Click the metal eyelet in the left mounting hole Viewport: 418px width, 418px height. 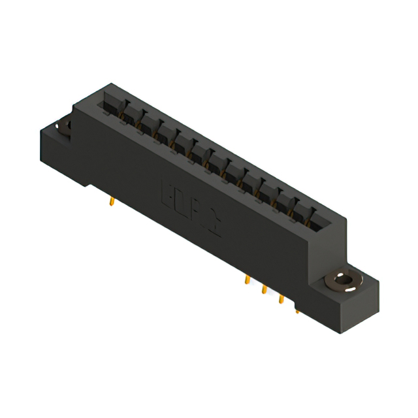[x=65, y=127]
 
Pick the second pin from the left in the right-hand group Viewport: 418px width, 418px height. [x=265, y=289]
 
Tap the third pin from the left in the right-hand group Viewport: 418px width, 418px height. [x=281, y=298]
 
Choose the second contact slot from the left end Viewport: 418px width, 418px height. [x=128, y=115]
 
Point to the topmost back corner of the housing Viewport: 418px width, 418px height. [x=112, y=84]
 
